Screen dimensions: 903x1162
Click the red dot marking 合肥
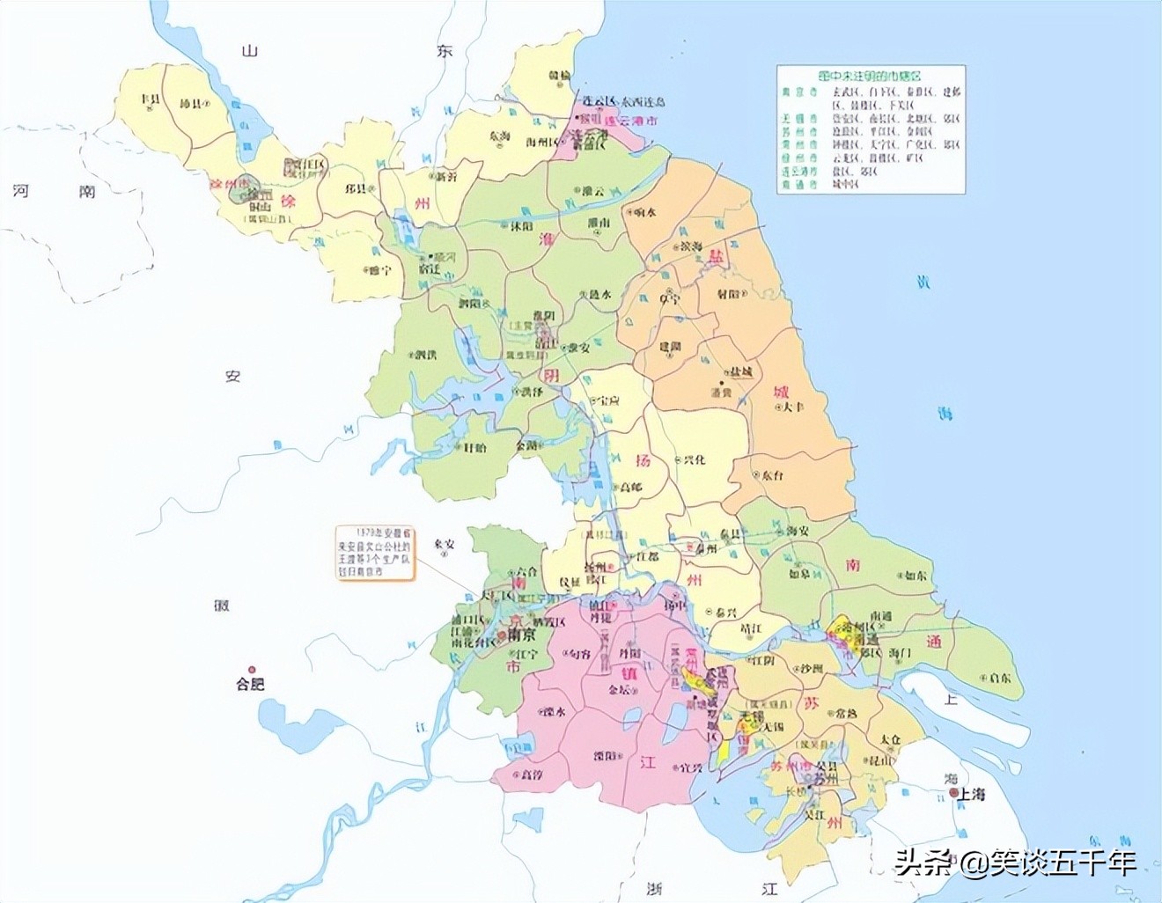coord(251,669)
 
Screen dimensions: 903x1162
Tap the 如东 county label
coord(916,576)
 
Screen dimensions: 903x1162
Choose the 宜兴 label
coord(691,767)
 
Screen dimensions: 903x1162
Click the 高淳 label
coord(532,775)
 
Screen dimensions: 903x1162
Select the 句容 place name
coord(579,654)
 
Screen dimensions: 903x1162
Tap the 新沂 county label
coord(446,176)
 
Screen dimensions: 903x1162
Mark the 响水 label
coord(645,212)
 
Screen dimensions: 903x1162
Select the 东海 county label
coord(499,136)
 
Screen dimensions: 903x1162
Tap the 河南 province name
coord(53,190)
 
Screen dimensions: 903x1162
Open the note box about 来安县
coord(374,552)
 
